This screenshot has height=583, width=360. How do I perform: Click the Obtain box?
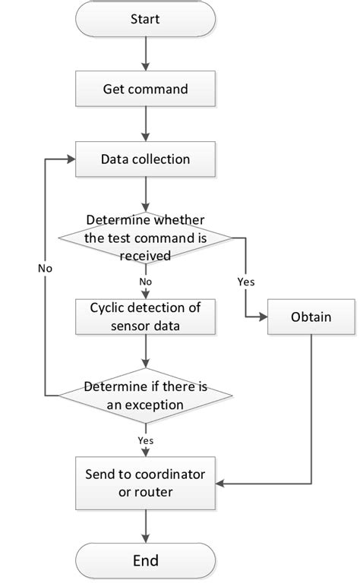point(312,317)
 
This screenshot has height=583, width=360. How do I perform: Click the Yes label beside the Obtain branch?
point(246,281)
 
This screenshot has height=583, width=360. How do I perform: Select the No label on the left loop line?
point(45,269)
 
